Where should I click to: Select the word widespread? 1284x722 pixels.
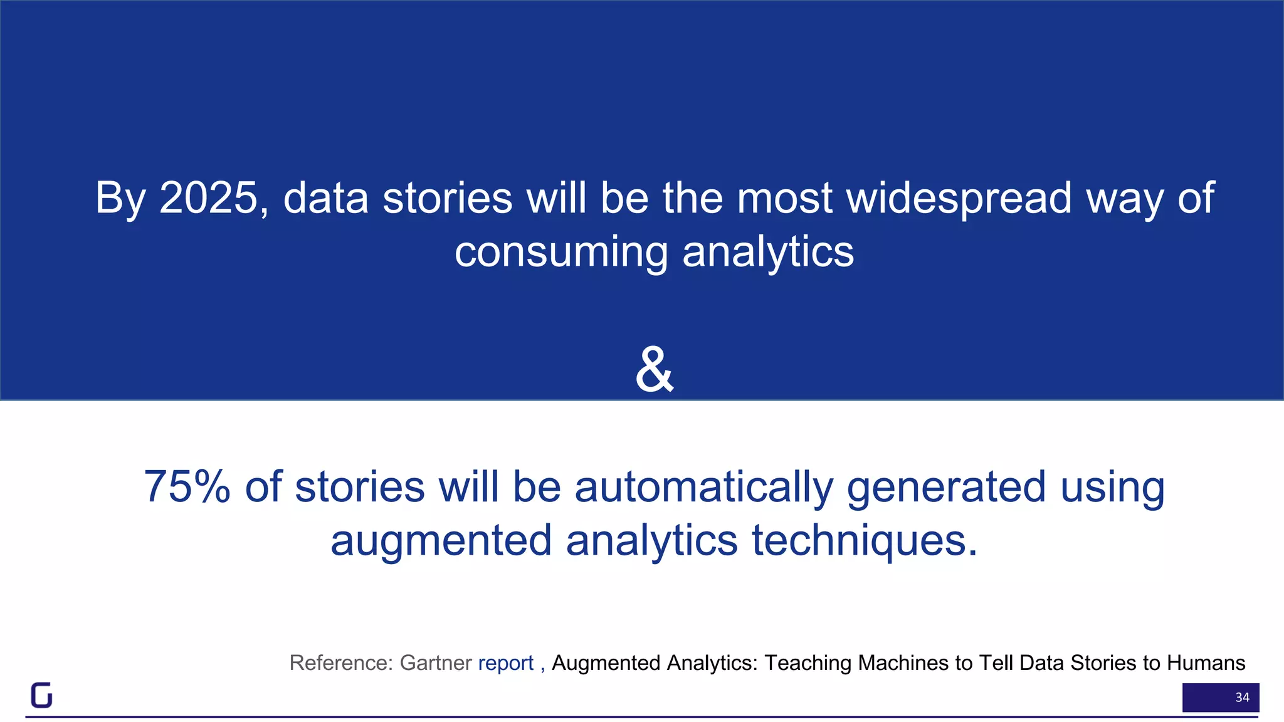pos(959,199)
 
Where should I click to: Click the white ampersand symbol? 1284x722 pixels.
pos(654,370)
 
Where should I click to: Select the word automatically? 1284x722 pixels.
pos(704,488)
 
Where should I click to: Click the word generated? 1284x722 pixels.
pos(946,488)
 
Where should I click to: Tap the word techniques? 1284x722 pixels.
pos(865,541)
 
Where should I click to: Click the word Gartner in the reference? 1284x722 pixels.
pos(436,663)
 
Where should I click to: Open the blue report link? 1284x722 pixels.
pos(505,663)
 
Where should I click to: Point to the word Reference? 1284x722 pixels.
pos(341,663)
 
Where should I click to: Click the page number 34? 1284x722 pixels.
pos(1242,698)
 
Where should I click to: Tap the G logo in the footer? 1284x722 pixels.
pos(41,695)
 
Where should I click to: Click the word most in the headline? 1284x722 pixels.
pos(785,199)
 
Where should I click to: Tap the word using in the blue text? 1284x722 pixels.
pos(1112,488)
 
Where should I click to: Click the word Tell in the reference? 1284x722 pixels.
pos(994,663)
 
